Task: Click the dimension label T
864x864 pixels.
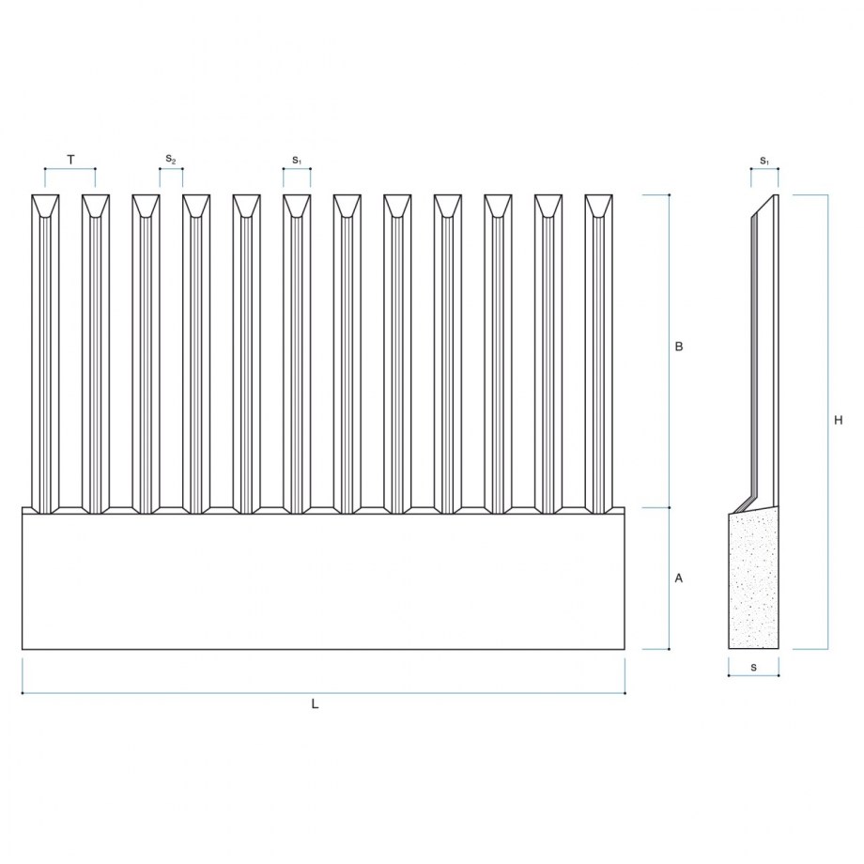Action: click(71, 161)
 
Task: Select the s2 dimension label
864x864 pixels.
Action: click(171, 160)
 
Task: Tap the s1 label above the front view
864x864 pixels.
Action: click(297, 161)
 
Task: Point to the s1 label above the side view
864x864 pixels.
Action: click(764, 161)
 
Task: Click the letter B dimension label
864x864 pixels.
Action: click(679, 347)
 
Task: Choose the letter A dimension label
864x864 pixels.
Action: click(679, 578)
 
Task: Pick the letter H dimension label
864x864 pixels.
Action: click(838, 421)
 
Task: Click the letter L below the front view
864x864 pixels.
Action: click(316, 703)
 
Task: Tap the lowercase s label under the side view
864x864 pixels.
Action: click(753, 668)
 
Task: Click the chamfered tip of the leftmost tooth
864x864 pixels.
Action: click(45, 205)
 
